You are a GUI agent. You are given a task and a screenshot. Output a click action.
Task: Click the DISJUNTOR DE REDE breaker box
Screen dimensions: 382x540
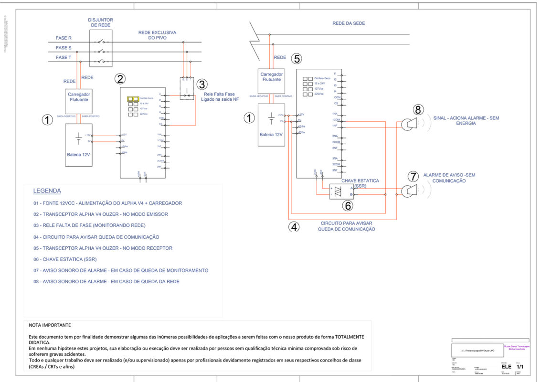point(100,48)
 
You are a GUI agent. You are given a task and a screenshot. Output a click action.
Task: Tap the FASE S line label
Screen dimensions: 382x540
point(64,48)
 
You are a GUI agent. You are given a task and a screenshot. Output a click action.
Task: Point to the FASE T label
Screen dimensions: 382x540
point(64,57)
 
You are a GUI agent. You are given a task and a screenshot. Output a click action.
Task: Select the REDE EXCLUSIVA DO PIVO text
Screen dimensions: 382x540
point(157,35)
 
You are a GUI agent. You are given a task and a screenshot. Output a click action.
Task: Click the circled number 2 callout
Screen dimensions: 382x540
point(120,79)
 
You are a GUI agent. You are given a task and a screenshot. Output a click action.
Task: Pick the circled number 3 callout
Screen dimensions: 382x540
point(202,85)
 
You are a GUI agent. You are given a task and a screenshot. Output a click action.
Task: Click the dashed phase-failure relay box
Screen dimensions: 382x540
point(186,88)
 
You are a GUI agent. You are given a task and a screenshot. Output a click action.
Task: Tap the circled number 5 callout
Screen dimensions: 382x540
point(297,59)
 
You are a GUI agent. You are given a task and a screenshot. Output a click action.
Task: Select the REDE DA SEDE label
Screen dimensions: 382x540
point(349,23)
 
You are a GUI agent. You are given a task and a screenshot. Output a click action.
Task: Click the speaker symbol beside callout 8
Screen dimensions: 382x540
point(408,124)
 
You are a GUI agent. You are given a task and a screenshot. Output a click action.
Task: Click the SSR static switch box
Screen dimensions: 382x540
point(342,191)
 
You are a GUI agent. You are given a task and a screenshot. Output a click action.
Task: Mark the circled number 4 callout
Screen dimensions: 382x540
point(295,227)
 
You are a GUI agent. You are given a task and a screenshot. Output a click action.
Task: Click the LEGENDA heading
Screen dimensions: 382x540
point(47,191)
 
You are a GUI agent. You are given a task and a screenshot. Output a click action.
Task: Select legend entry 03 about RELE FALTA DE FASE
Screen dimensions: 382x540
point(89,225)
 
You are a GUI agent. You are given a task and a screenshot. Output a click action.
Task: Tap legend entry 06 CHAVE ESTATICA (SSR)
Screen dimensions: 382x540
point(69,259)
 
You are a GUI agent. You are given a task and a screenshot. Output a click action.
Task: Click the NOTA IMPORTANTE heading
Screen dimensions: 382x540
point(50,325)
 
